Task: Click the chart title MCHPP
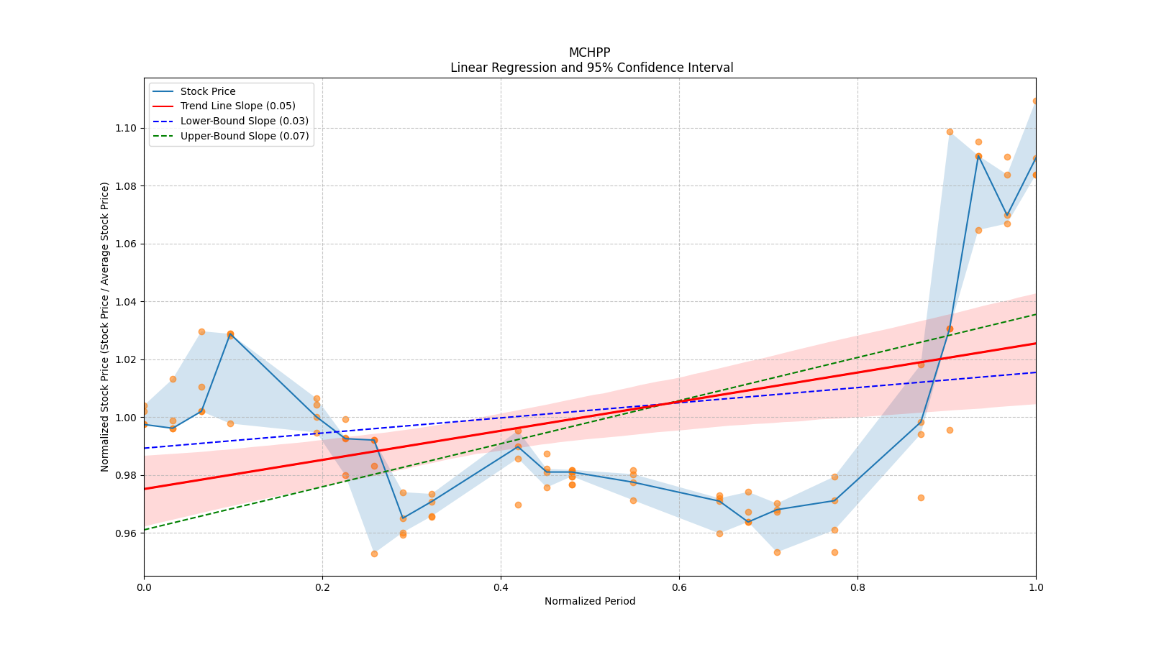pyautogui.click(x=589, y=52)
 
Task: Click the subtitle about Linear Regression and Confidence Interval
pyautogui.click(x=591, y=68)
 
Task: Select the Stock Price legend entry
pyautogui.click(x=208, y=91)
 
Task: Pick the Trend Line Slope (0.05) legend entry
pyautogui.click(x=237, y=106)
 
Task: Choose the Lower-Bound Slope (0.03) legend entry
pyautogui.click(x=244, y=121)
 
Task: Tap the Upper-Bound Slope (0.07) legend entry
pyautogui.click(x=245, y=136)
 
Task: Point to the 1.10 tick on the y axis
pyautogui.click(x=127, y=128)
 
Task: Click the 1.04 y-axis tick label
pyautogui.click(x=127, y=302)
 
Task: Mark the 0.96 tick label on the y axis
pyautogui.click(x=127, y=533)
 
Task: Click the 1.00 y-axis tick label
pyautogui.click(x=127, y=418)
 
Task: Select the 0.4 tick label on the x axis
pyautogui.click(x=501, y=587)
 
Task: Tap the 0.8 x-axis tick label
pyautogui.click(x=857, y=587)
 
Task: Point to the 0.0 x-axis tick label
pyautogui.click(x=144, y=587)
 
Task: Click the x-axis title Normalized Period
pyautogui.click(x=590, y=601)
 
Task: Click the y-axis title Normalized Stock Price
pyautogui.click(x=105, y=326)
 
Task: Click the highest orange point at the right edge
pyautogui.click(x=1035, y=101)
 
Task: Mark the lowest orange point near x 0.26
pyautogui.click(x=374, y=554)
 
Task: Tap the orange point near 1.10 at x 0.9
pyautogui.click(x=950, y=132)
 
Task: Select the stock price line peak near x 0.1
pyautogui.click(x=230, y=334)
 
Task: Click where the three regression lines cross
pyautogui.click(x=677, y=402)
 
